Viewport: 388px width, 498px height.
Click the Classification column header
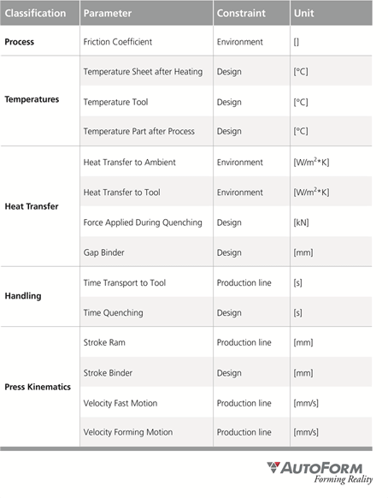[35, 14]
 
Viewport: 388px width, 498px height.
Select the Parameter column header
[107, 14]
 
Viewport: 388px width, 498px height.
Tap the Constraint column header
[241, 14]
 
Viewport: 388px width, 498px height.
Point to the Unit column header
[303, 14]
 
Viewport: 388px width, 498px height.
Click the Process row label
[20, 41]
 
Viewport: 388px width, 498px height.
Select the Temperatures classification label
[32, 99]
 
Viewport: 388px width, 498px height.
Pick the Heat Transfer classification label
[32, 206]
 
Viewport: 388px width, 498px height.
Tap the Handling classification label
[23, 296]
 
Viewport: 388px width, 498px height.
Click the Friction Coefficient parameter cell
[125, 41]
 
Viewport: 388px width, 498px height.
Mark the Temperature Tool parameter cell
[115, 102]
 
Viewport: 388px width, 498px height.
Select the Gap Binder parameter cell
[106, 252]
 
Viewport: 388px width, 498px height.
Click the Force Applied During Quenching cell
[143, 222]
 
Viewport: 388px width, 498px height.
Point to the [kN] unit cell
[303, 222]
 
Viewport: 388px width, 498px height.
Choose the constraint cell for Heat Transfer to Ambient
[240, 162]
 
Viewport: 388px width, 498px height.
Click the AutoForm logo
[320, 471]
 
